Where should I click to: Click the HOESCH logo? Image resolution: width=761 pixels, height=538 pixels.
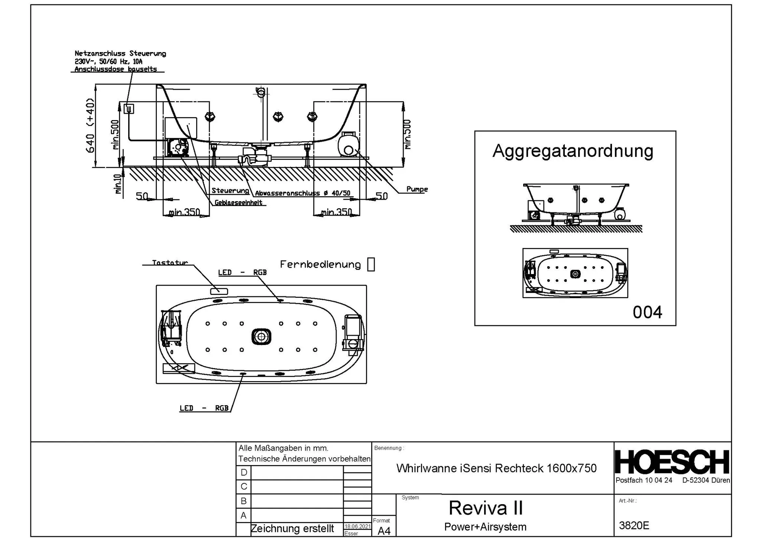coord(672,462)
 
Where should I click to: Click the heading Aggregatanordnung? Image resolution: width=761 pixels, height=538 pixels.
coord(573,151)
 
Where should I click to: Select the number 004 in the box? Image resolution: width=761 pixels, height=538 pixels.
coord(647,312)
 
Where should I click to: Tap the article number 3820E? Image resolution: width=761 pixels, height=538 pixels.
coord(634,525)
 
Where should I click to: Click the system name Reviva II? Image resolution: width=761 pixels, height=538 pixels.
coord(485,508)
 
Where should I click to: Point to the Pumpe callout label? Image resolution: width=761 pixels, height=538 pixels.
coord(417,189)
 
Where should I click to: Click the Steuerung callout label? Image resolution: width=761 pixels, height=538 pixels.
coord(230,191)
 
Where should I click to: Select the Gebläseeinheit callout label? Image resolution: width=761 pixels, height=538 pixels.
coord(238,203)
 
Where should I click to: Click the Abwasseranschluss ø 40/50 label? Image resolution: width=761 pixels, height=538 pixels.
coord(302,193)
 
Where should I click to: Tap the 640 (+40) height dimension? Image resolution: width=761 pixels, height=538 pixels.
coord(90,126)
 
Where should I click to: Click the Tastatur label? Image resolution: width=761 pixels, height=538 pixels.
coord(170,262)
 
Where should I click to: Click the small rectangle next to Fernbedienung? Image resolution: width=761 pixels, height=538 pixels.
coord(370,265)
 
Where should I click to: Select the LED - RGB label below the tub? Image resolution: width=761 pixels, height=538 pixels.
coord(204,408)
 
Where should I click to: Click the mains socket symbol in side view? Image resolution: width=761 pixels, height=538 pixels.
coord(129,109)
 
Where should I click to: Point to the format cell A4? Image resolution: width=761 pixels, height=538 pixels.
coord(384,531)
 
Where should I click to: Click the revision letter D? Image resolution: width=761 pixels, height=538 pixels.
coord(244,473)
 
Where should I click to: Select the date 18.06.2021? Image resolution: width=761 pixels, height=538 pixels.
coord(357,526)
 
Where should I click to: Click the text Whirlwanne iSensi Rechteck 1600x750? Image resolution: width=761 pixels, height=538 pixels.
coord(496,468)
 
